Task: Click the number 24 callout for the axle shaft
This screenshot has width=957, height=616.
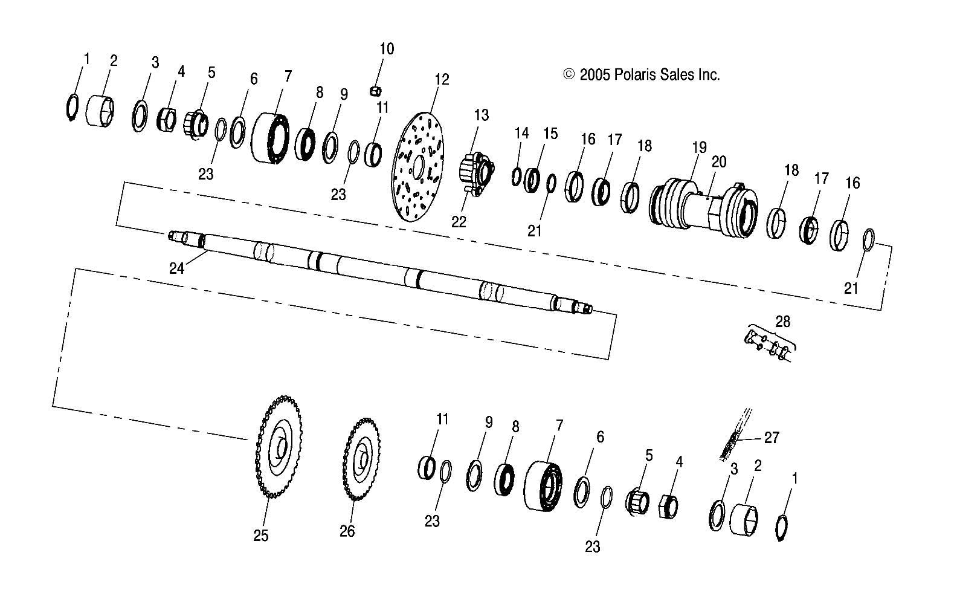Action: (x=176, y=268)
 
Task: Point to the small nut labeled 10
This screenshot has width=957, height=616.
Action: (x=374, y=91)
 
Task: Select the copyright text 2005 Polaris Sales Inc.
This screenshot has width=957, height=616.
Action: (x=642, y=74)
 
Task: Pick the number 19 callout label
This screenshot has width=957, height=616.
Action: (x=698, y=146)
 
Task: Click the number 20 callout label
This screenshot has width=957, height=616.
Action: (x=719, y=161)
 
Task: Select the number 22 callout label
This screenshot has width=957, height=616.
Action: (x=459, y=221)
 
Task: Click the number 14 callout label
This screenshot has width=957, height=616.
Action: (x=521, y=132)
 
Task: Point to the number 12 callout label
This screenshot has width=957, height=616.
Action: (x=442, y=79)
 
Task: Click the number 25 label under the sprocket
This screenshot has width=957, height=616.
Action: (x=260, y=536)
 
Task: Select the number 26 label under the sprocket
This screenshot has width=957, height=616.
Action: (x=347, y=531)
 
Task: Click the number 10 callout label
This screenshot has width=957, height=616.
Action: (x=387, y=48)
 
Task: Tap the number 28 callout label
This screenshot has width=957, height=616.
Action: (x=782, y=321)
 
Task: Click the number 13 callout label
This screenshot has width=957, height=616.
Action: (x=481, y=115)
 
